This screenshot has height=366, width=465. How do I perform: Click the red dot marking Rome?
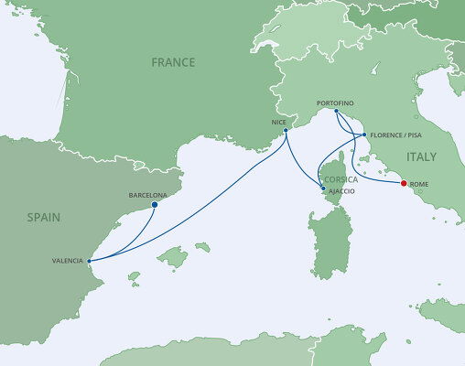tap(405, 183)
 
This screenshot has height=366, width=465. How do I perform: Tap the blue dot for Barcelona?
tap(154, 205)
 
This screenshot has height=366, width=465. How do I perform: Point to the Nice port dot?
tap(287, 131)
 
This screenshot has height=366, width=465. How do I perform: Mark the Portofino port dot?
tap(337, 112)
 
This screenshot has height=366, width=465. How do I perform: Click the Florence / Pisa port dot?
tap(364, 135)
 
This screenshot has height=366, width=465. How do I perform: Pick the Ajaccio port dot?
tap(322, 189)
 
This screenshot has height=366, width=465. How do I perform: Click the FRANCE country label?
tap(174, 62)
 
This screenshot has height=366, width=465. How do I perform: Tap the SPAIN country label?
tap(43, 218)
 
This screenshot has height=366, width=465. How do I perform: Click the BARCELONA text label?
tap(147, 195)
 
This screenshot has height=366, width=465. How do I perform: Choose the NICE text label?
tap(279, 121)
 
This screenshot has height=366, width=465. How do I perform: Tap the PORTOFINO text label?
tap(334, 102)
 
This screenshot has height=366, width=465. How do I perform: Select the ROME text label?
tap(419, 186)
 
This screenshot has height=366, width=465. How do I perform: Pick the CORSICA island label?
tap(341, 179)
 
